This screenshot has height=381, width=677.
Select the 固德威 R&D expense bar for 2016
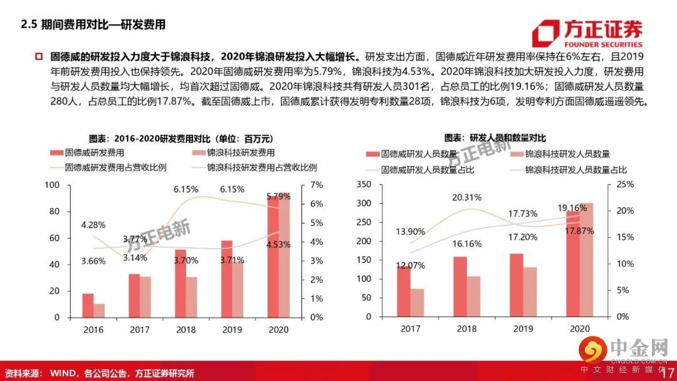click(88, 305)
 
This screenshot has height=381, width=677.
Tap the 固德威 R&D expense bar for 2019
click(226, 279)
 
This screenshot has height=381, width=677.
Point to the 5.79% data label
click(278, 196)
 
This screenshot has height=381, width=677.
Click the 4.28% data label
click(93, 224)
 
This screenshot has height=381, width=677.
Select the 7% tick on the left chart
click(315, 185)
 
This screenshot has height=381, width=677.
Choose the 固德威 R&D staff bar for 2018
click(460, 286)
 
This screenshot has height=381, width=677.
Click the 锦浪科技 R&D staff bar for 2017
click(417, 303)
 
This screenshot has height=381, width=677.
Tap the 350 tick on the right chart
click(364, 185)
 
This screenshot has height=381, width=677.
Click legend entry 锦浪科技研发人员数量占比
click(575, 169)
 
